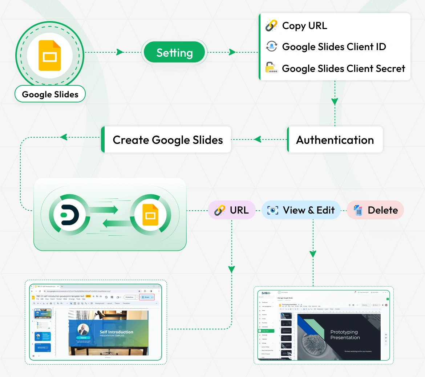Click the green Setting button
[174, 53]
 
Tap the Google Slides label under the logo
[50, 94]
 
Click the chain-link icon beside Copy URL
[271, 26]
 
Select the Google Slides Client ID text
[334, 47]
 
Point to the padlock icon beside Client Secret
[271, 68]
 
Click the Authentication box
[335, 140]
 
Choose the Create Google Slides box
[167, 140]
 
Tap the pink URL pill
[231, 210]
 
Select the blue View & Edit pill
[301, 210]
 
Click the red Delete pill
[375, 210]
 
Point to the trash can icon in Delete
[358, 210]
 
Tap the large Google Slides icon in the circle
[50, 56]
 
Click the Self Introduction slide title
[116, 332]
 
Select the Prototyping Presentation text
[345, 335]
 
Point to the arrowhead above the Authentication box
[335, 102]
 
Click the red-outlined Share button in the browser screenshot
[147, 297]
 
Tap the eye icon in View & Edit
[273, 210]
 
